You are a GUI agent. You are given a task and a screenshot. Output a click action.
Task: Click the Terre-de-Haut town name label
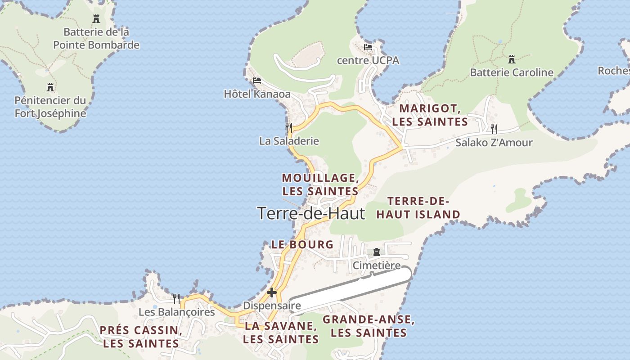(311, 213)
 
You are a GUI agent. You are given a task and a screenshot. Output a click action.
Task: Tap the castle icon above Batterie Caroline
(512, 59)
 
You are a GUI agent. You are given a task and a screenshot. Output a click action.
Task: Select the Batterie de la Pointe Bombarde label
(96, 39)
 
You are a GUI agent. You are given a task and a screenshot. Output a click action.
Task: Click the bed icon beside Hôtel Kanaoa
(257, 81)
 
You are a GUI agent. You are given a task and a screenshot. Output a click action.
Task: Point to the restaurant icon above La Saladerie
(289, 127)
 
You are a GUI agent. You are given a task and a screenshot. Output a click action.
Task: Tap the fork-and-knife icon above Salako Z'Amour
(494, 129)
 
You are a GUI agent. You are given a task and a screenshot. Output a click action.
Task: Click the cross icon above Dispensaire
(272, 292)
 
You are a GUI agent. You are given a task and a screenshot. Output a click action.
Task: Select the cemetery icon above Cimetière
(377, 252)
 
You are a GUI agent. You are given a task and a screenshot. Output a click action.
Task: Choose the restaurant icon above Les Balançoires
(176, 298)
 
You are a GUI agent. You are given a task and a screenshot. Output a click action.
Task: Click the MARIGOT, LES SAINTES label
(430, 115)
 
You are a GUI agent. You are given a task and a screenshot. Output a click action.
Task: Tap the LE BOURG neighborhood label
(302, 245)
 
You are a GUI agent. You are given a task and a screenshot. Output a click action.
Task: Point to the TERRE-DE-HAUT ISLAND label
(418, 208)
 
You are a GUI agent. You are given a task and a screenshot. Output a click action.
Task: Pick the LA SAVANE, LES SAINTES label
(281, 333)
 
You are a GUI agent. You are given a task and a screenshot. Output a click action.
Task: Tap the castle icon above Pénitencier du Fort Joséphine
(50, 87)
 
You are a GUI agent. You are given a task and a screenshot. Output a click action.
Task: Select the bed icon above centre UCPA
(368, 47)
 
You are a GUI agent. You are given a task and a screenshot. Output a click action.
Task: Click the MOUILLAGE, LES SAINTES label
(320, 184)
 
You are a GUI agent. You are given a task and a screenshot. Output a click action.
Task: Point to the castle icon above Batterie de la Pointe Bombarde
(96, 19)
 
